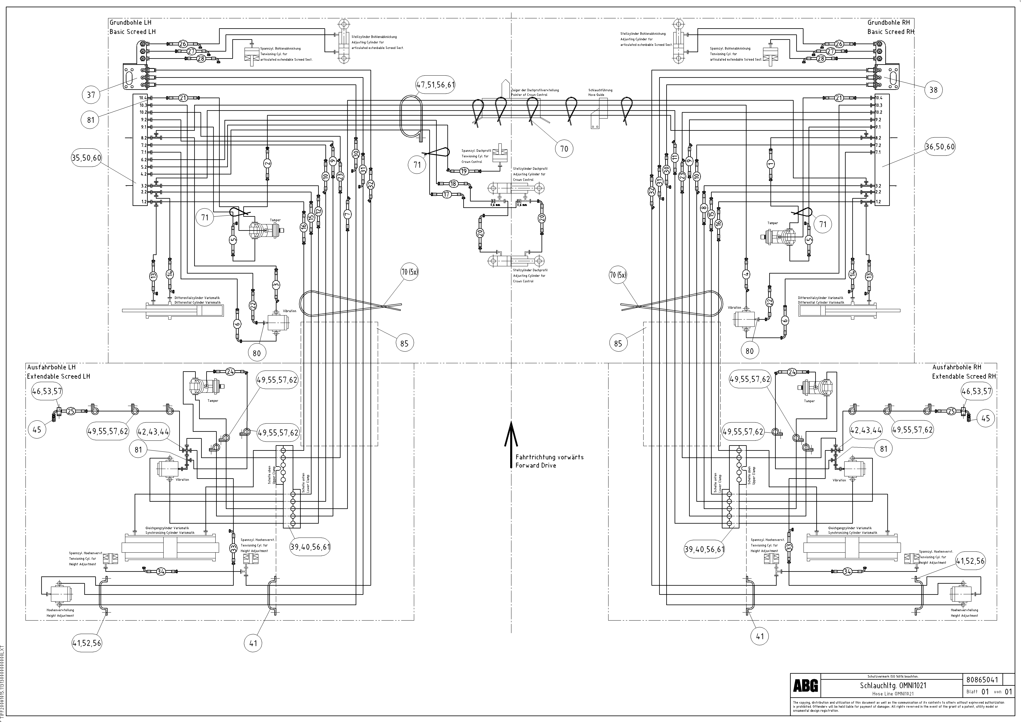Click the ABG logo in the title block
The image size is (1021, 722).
(805, 686)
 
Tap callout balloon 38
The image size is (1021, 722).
(933, 90)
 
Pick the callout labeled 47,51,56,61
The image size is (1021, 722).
(435, 84)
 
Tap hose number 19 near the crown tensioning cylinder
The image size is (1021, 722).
(464, 171)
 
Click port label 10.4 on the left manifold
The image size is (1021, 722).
(143, 98)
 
